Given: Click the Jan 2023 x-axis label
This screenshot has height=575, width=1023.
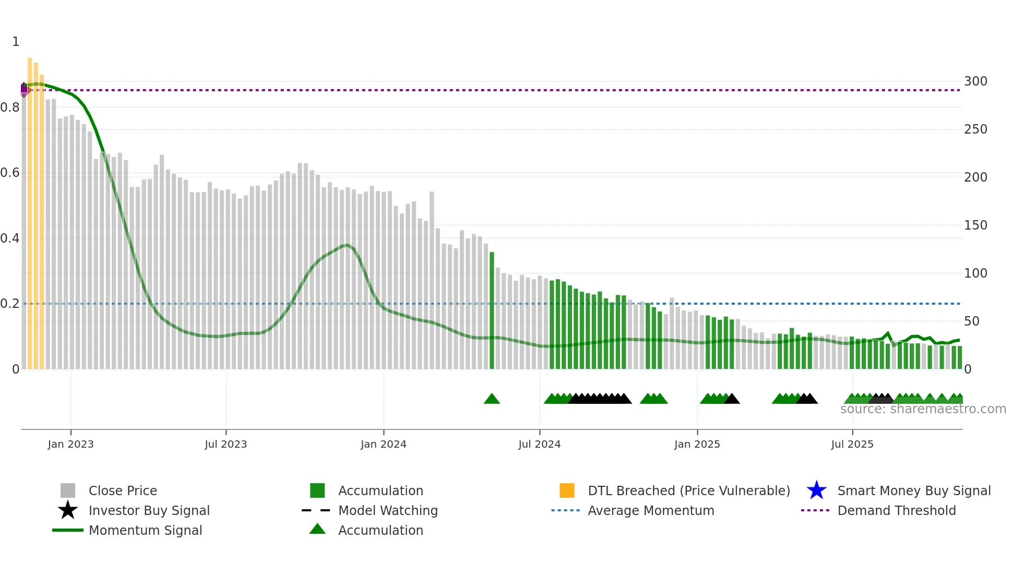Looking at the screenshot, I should [x=70, y=444].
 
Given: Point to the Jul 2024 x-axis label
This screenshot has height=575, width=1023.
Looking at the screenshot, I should [x=539, y=444].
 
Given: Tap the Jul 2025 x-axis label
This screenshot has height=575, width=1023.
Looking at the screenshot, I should [x=852, y=444].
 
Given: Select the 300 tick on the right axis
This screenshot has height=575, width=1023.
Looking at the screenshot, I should [x=976, y=81].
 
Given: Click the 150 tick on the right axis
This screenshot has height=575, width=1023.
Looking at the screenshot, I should [x=976, y=225].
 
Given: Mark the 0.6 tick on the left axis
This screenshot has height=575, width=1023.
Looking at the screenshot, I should [x=10, y=173].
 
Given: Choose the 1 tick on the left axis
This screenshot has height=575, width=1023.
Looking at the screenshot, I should [x=16, y=42].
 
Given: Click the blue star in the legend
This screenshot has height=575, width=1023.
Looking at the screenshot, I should [x=816, y=490].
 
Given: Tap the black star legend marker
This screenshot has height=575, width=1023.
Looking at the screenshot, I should [x=68, y=510].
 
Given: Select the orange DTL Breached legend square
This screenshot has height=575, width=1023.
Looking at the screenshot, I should [x=567, y=490].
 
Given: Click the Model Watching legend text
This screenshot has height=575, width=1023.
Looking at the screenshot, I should [x=388, y=510].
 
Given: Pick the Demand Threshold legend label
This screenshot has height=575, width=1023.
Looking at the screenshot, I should [x=896, y=510].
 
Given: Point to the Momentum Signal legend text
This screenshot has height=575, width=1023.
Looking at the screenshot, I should [x=145, y=530].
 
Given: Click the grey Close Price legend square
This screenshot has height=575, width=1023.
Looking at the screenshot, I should [x=68, y=490].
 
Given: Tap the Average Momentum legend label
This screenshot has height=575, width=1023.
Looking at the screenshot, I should [x=651, y=510].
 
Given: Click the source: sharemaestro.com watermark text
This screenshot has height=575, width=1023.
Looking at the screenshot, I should [x=923, y=409].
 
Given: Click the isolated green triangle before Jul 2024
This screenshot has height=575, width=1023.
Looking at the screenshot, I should [x=492, y=399].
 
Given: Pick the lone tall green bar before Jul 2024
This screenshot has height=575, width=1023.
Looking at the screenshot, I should [x=492, y=310].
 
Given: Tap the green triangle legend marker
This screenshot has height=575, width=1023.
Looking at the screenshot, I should [x=317, y=529].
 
